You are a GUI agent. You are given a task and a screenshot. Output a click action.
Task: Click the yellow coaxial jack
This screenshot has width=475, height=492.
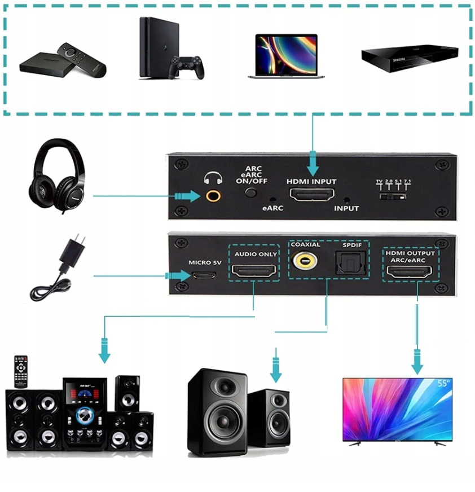[305, 262]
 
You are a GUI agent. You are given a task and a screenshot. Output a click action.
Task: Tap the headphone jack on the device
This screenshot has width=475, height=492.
[213, 196]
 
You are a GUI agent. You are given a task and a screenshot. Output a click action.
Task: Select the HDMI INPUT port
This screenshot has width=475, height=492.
[312, 196]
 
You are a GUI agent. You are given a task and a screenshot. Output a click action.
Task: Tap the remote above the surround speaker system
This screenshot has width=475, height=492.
[21, 371]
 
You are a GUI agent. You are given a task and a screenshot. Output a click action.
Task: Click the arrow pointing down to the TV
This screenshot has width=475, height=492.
[417, 361]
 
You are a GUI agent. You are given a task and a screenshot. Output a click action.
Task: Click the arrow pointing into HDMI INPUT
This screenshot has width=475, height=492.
[312, 166]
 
